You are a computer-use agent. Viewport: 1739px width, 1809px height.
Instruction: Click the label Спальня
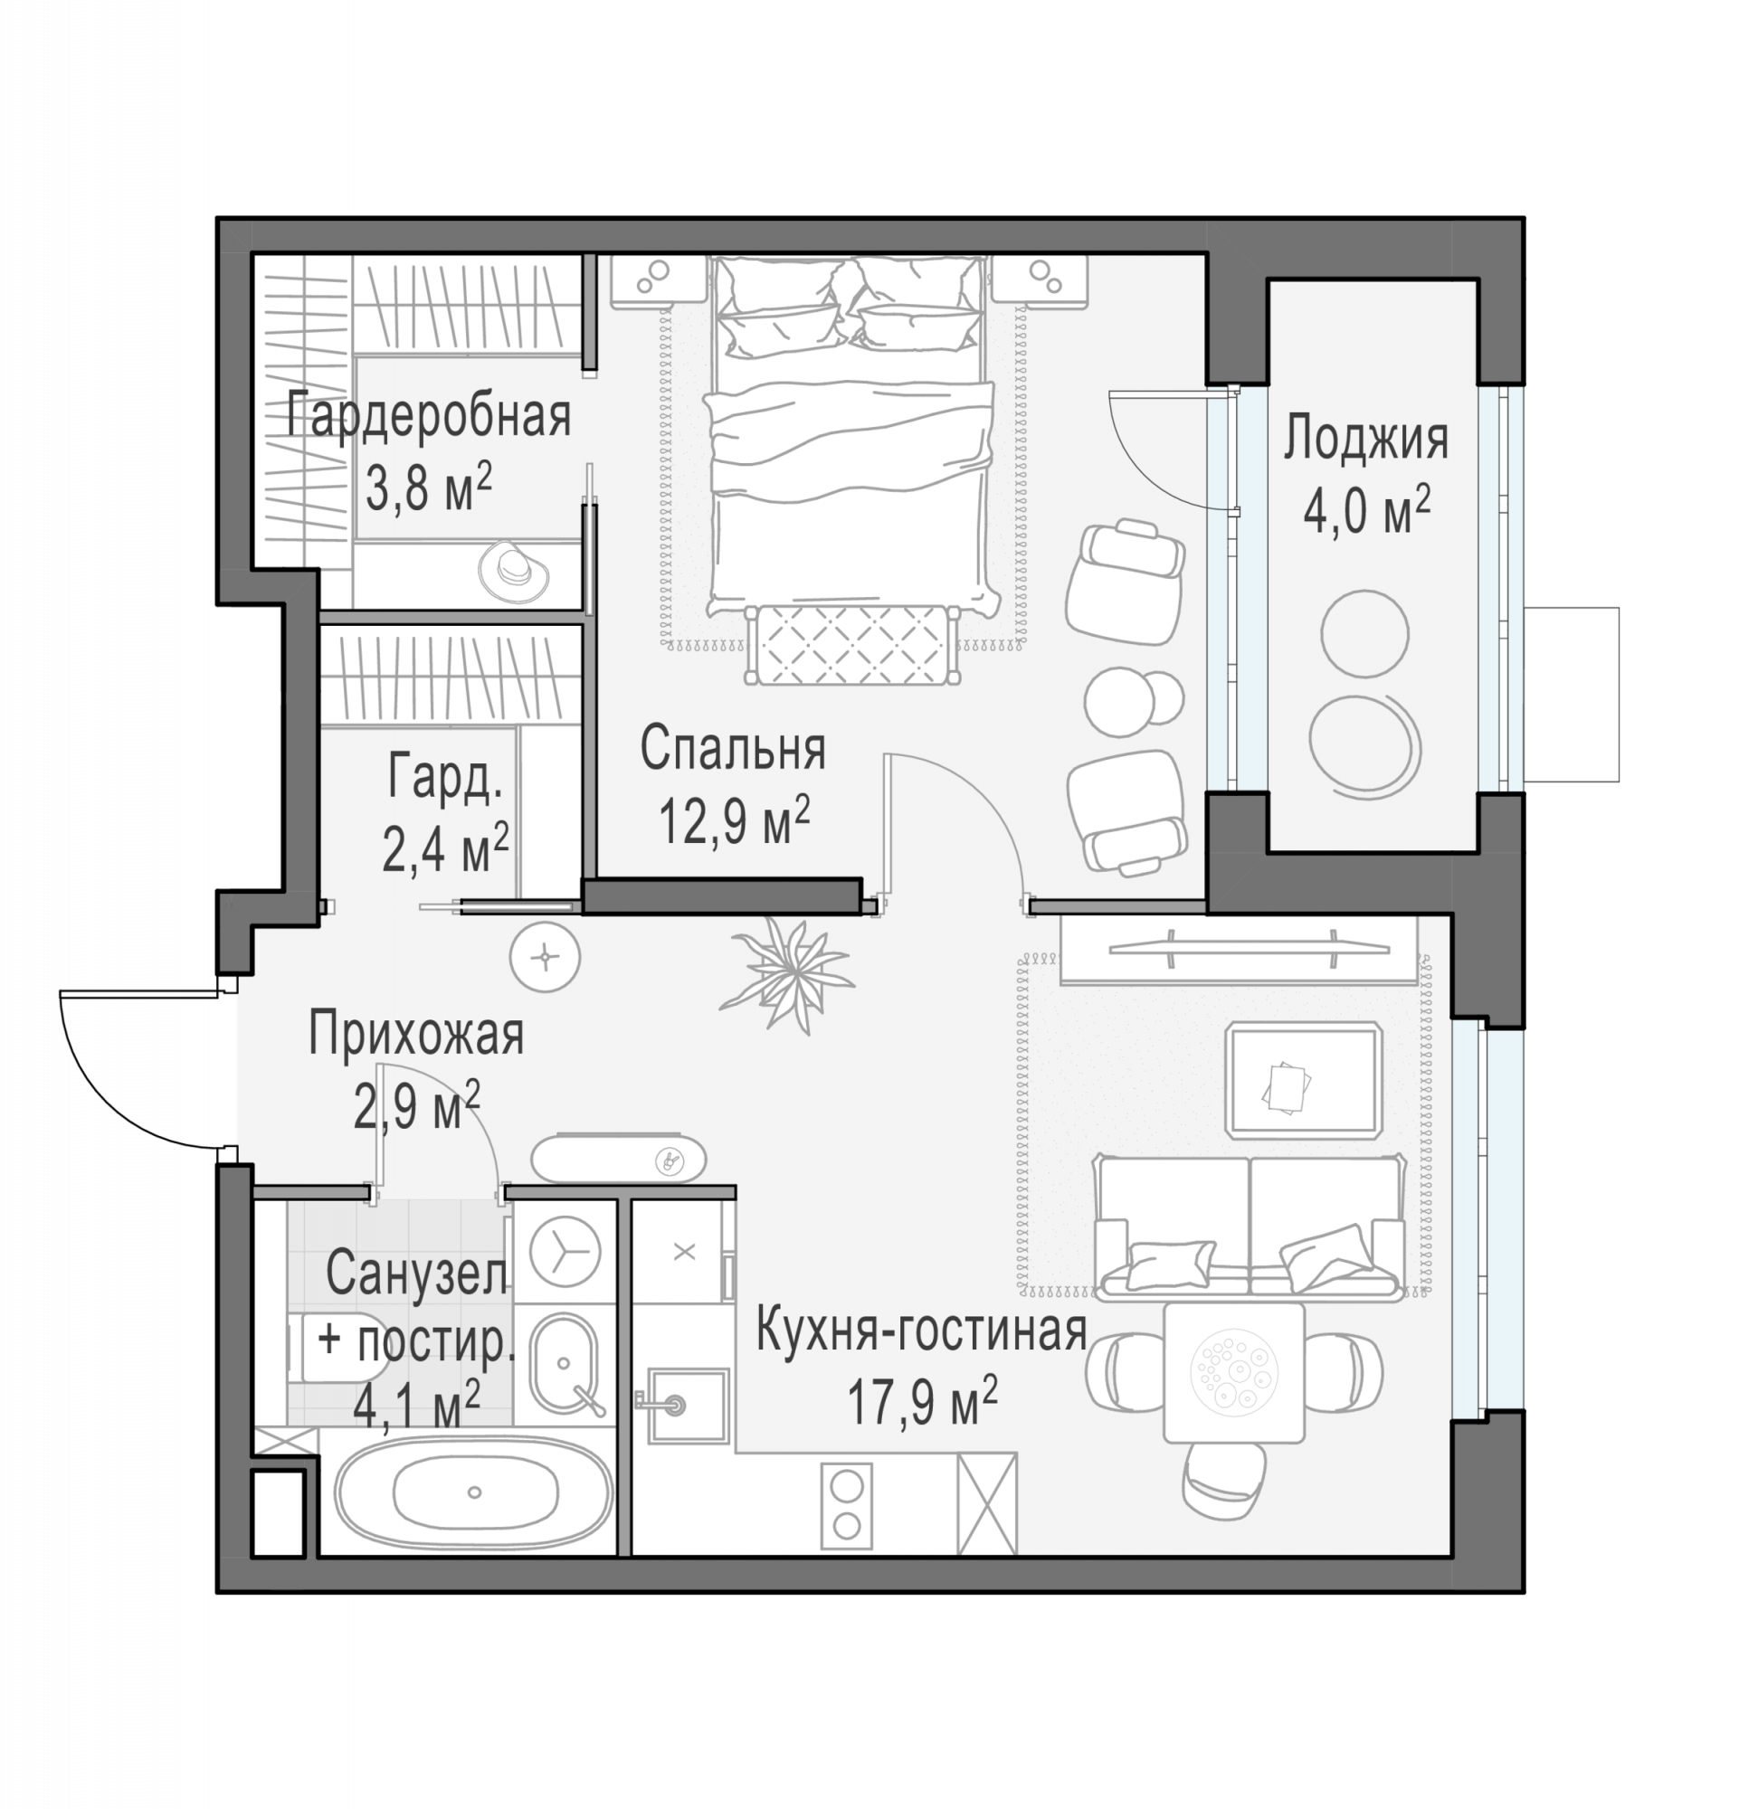coord(733,749)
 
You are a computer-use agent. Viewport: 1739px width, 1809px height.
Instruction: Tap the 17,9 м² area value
coord(921,1402)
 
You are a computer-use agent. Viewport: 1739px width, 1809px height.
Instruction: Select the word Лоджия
coord(1365,440)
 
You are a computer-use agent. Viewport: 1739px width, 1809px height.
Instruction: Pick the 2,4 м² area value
coord(445,848)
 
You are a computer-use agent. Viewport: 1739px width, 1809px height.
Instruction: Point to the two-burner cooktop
coord(846,1505)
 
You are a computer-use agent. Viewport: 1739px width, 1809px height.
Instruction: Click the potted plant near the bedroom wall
coord(788,973)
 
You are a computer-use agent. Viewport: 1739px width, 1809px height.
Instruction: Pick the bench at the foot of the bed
coord(852,645)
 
